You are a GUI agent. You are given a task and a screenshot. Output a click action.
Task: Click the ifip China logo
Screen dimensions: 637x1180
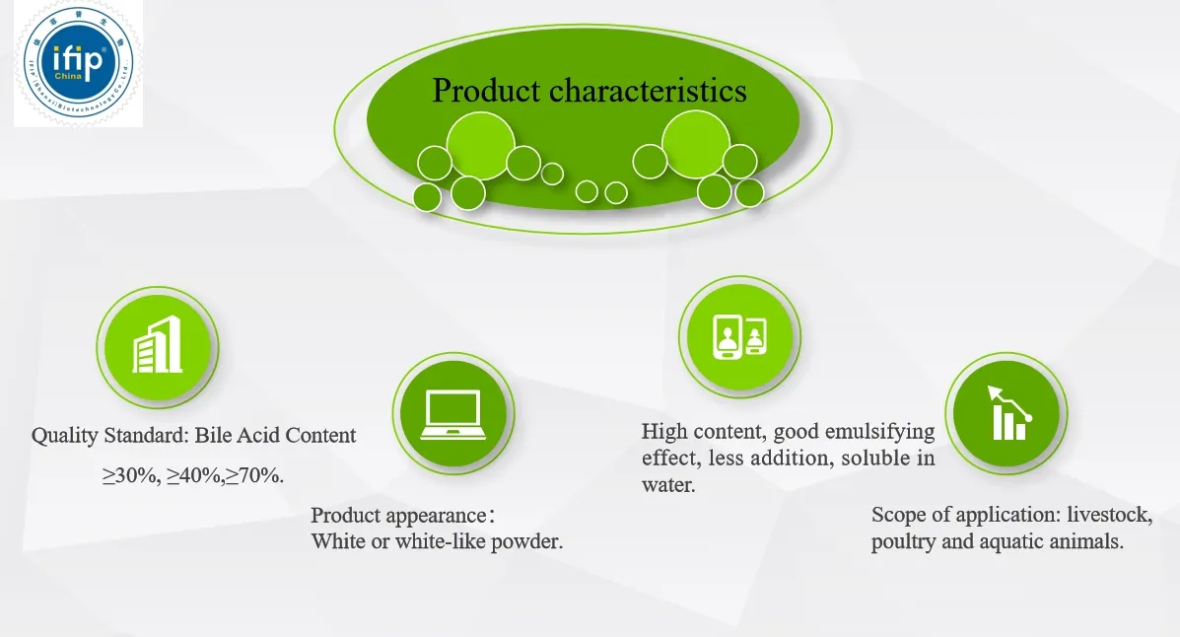[x=77, y=63]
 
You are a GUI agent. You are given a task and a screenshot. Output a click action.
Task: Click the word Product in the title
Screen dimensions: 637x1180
[x=486, y=91]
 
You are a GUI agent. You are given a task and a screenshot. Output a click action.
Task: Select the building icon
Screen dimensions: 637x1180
[x=158, y=346]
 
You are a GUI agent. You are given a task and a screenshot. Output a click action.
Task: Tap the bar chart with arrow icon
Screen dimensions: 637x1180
[x=1006, y=411]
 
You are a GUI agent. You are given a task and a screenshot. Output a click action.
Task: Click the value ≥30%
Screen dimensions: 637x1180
[x=130, y=475]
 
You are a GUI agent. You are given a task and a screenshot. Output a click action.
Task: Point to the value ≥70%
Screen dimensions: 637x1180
[x=254, y=475]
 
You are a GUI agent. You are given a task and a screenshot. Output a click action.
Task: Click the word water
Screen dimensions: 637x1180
[x=668, y=485]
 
